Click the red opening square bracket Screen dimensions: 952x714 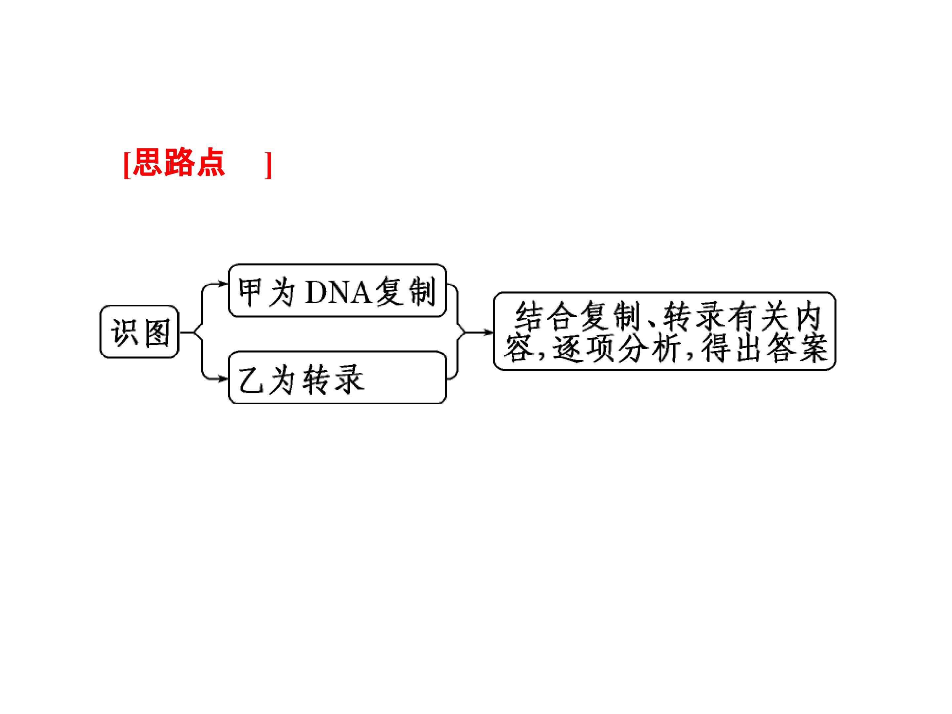[127, 164]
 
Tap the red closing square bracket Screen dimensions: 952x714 [268, 164]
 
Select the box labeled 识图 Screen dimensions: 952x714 [139, 332]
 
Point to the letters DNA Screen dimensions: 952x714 [338, 292]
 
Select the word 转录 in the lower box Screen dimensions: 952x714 [333, 379]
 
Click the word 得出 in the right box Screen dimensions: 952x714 [732, 348]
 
